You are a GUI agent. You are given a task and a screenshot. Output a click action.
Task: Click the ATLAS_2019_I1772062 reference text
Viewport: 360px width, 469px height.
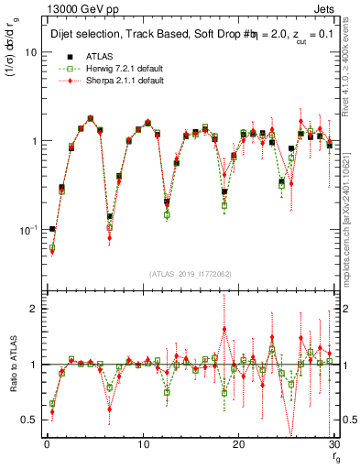(191, 273)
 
